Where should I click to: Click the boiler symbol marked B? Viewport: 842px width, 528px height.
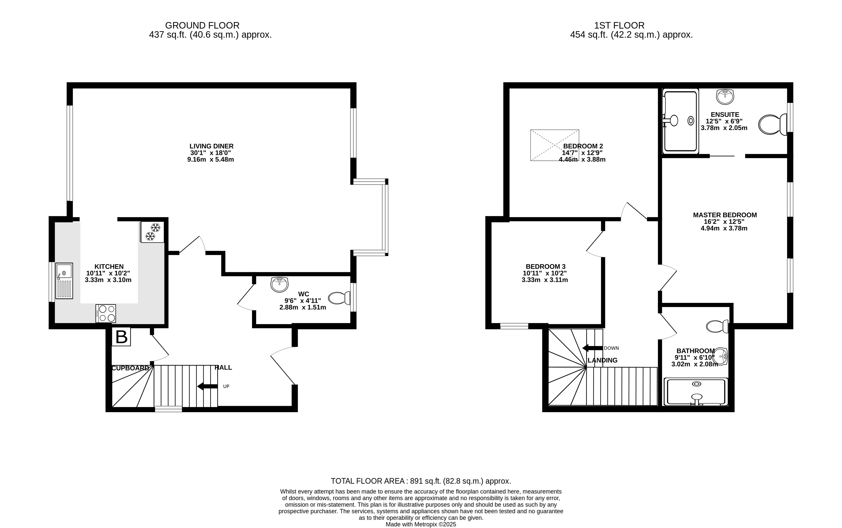(x=121, y=337)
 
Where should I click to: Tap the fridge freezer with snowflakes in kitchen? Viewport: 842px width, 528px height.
(x=152, y=232)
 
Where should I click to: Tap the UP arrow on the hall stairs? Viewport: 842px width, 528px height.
(x=207, y=386)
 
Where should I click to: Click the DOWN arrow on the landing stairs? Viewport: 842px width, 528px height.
(x=592, y=348)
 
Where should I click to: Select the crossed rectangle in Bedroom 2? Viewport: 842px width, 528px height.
(x=555, y=145)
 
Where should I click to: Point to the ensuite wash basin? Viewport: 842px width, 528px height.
(x=725, y=96)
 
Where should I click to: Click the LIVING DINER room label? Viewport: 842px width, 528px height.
(x=212, y=146)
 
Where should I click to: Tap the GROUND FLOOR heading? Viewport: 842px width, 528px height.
(x=202, y=25)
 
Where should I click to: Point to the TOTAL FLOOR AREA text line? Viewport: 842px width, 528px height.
(x=421, y=481)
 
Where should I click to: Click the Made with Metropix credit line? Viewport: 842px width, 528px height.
(x=421, y=524)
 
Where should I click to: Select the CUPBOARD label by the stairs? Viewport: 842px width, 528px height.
(x=130, y=368)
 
